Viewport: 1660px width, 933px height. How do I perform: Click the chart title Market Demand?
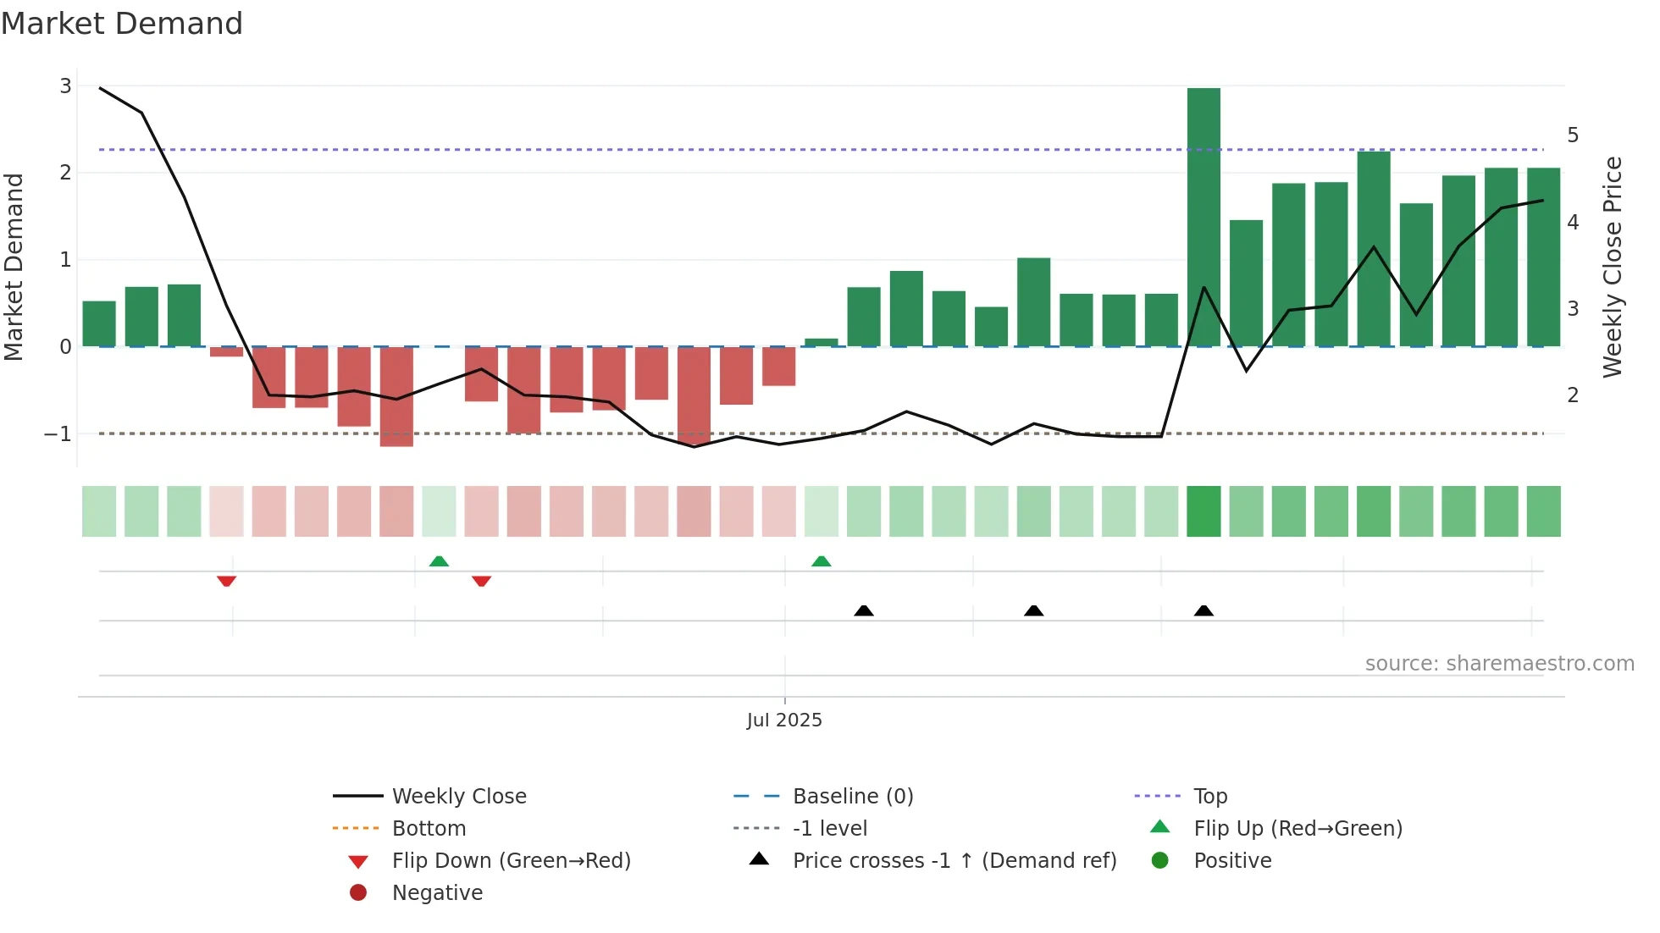[x=122, y=24]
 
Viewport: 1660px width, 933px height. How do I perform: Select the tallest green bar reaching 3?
[x=1203, y=217]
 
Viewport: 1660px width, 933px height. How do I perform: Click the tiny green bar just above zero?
[x=821, y=343]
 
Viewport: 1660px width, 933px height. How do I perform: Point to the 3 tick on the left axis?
[x=65, y=86]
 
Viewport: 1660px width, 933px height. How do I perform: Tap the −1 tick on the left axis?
[x=58, y=434]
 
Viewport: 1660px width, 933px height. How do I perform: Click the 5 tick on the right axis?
[x=1573, y=135]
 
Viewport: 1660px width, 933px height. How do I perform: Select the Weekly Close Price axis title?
[x=1613, y=267]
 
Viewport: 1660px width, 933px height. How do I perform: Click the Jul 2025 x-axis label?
[x=784, y=720]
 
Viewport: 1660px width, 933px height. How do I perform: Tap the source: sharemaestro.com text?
[x=1499, y=664]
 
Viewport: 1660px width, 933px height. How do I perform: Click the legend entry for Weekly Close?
[x=458, y=797]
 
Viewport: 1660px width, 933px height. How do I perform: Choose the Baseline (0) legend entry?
[x=852, y=797]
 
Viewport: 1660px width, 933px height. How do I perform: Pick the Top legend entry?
[x=1209, y=797]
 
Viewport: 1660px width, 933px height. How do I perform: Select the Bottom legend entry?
[x=429, y=829]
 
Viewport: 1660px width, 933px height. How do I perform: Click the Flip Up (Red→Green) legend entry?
[x=1297, y=829]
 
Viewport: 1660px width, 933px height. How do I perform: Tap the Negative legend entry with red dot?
[x=436, y=893]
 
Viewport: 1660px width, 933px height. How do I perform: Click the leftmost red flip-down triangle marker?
[x=226, y=581]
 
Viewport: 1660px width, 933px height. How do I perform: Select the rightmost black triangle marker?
[x=1203, y=610]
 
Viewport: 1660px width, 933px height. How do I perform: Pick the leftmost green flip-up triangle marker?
[x=439, y=561]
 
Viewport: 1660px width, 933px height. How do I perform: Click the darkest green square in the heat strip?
[x=1203, y=511]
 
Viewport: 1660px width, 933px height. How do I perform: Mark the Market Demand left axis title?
[x=14, y=267]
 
